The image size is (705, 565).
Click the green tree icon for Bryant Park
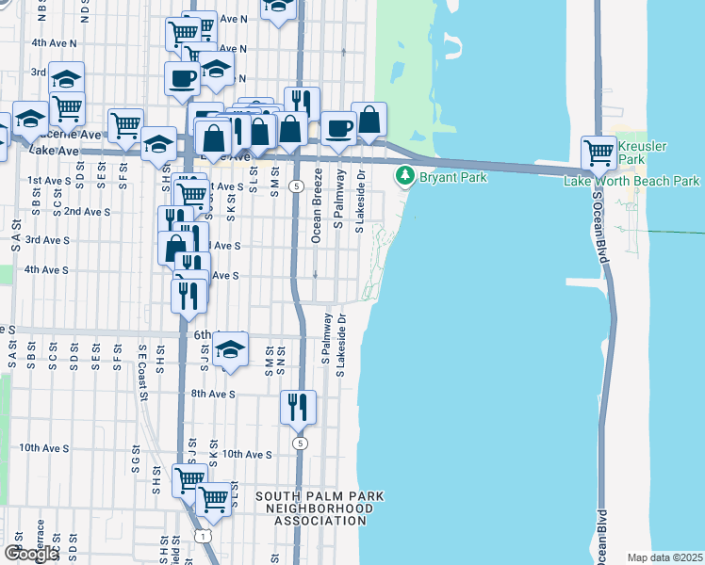pos(405,175)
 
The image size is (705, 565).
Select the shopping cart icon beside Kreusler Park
pos(598,151)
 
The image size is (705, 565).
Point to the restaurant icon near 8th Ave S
pos(298,407)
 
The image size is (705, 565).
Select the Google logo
pos(30,554)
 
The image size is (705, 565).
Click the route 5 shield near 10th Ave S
pos(300,443)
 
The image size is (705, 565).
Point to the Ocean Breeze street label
pos(318,205)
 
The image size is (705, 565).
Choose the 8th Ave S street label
pos(212,394)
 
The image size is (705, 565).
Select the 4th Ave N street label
pos(53,43)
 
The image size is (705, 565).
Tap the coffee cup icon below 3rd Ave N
pos(182,78)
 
